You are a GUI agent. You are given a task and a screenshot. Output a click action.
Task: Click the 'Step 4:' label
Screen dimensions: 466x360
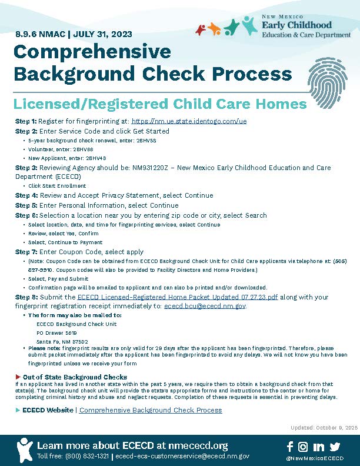point(26,195)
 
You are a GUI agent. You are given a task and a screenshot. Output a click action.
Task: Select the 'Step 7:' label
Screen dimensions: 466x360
point(26,251)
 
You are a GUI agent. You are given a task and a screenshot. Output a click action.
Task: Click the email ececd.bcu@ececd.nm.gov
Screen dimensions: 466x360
point(204,306)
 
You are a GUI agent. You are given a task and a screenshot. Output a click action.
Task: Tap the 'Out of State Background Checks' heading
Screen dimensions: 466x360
point(75,377)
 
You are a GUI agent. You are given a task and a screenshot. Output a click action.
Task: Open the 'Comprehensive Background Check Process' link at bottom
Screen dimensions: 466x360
point(151,410)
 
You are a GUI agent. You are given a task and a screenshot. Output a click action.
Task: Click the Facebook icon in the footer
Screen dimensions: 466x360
point(290,447)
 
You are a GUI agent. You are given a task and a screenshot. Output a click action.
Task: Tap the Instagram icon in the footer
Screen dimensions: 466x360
point(304,447)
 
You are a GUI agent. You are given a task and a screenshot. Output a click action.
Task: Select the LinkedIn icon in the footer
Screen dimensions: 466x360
point(319,447)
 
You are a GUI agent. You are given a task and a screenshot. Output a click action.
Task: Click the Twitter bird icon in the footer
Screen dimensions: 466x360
point(335,447)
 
